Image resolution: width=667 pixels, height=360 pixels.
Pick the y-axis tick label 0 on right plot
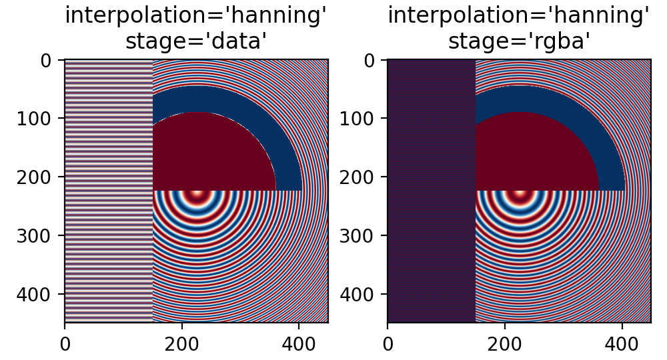372,60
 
